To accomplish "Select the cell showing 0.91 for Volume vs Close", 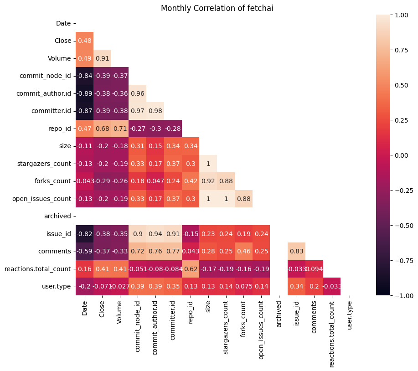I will [102, 58].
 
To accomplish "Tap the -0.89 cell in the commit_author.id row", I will [84, 93].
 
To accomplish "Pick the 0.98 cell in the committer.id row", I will [155, 111].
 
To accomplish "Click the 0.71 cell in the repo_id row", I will [120, 129].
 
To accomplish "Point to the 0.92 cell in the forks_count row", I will [208, 181].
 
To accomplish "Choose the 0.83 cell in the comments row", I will [296, 251].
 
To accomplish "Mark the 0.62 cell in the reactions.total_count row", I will [191, 269].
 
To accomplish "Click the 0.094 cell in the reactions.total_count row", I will [314, 269].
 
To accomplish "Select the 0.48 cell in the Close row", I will [84, 41].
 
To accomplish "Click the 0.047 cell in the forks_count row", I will [155, 181].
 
